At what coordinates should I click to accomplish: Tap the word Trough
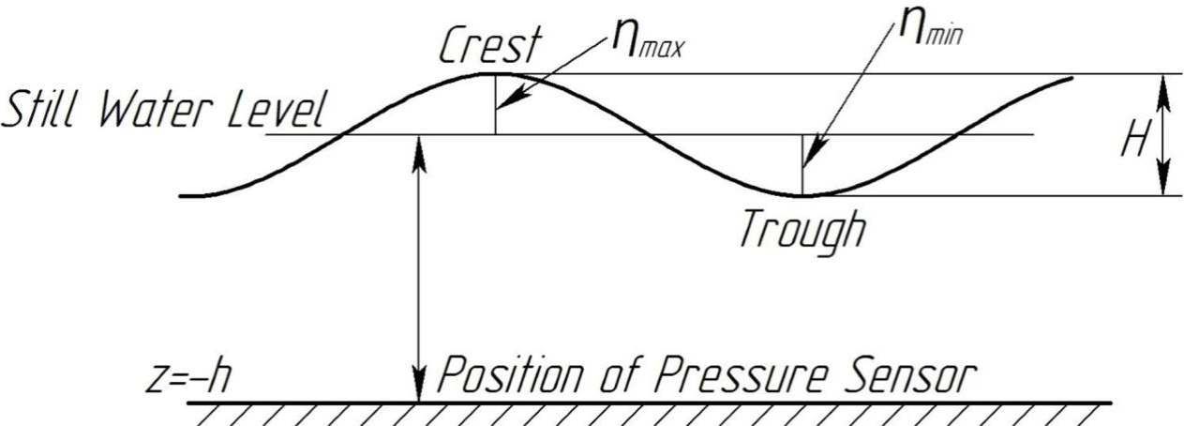(802, 230)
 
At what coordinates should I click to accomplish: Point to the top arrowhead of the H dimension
(1162, 85)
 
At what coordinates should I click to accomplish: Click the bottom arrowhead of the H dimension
(1162, 183)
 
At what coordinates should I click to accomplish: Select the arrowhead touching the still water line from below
(420, 147)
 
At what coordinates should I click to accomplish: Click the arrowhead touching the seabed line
(420, 388)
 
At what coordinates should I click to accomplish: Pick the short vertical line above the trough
(802, 165)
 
